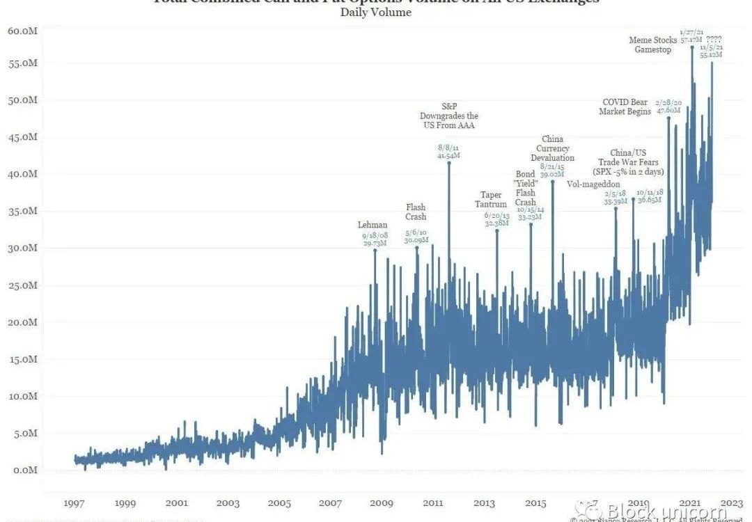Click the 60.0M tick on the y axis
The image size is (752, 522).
click(x=23, y=31)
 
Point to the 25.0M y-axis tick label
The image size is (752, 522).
click(x=23, y=285)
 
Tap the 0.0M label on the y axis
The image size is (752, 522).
click(x=25, y=470)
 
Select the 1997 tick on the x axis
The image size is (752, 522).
click(x=74, y=503)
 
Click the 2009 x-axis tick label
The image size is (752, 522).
click(x=382, y=503)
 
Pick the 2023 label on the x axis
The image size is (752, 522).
click(x=731, y=503)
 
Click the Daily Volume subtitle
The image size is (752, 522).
click(x=376, y=13)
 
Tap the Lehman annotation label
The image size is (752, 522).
click(x=373, y=225)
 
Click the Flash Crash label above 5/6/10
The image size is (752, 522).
click(x=416, y=212)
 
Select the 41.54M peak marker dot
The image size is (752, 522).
click(x=448, y=163)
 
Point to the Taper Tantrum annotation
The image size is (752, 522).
click(x=492, y=200)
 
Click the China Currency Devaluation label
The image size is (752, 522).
click(x=552, y=148)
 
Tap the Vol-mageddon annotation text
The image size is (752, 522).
click(x=593, y=184)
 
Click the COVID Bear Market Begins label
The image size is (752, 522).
click(x=626, y=106)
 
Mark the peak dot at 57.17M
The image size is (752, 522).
click(x=692, y=47)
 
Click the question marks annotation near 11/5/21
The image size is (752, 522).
click(x=714, y=39)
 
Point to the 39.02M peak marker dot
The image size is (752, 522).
click(x=553, y=181)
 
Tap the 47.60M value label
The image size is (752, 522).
click(x=668, y=110)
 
